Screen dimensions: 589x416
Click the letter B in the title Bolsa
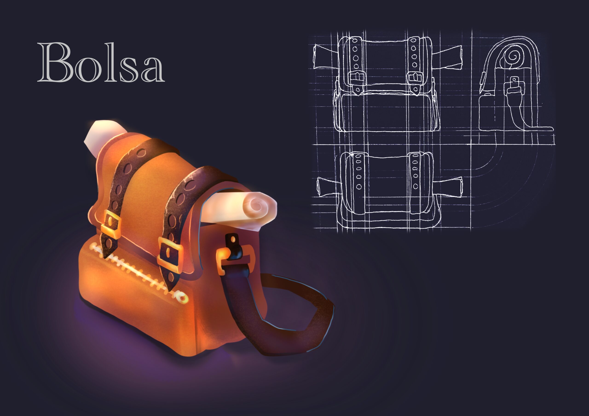(x=55, y=62)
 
